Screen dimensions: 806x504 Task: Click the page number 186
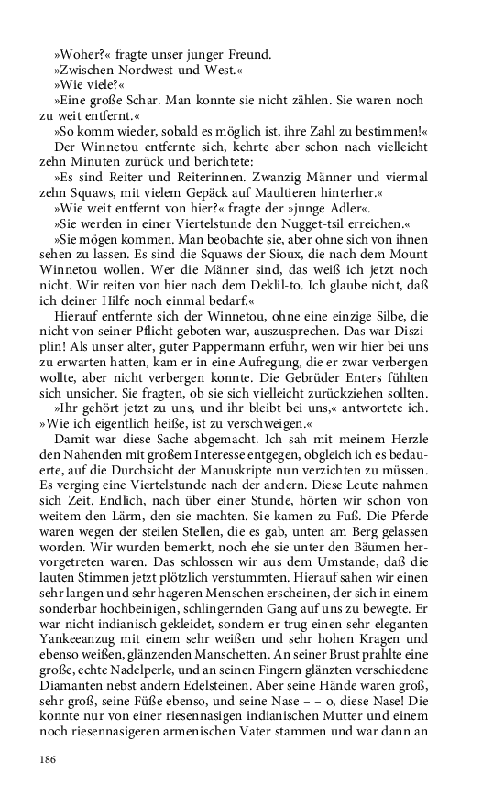49,759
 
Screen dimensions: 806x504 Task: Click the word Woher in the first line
77,52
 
